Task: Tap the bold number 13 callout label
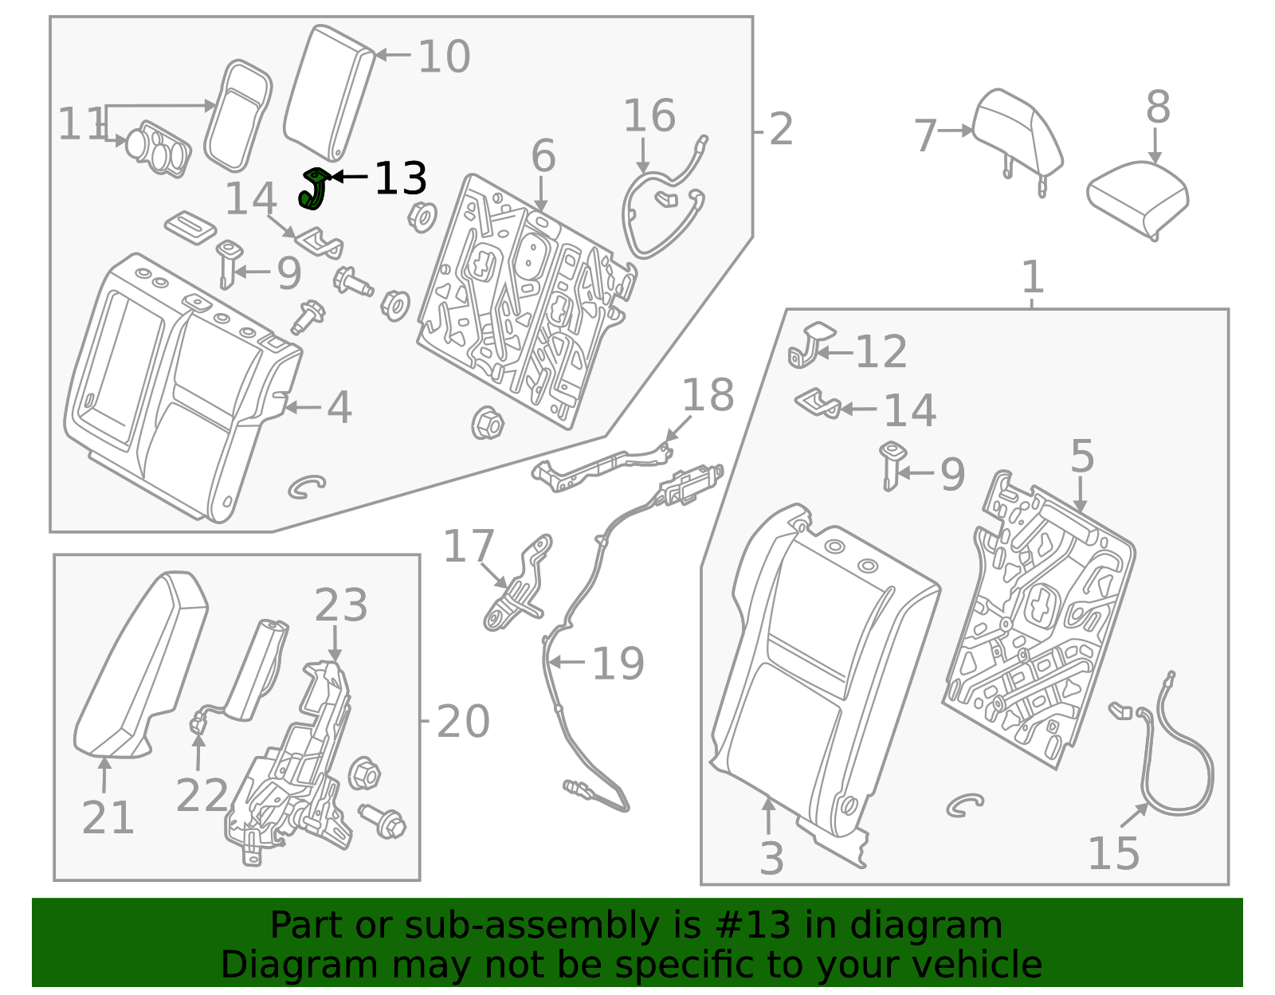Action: coord(400,178)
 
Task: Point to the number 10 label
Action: coord(444,57)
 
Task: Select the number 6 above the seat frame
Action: coord(543,155)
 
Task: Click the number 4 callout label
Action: coord(339,407)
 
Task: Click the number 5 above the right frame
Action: coord(1081,456)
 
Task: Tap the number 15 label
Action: coord(1113,854)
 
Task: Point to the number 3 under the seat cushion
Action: coord(771,858)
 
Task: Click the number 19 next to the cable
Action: coord(618,664)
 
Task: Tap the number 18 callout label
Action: coord(708,395)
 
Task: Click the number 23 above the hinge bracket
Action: coord(340,605)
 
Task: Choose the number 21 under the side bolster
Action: coord(108,817)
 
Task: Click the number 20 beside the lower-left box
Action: coord(462,722)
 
